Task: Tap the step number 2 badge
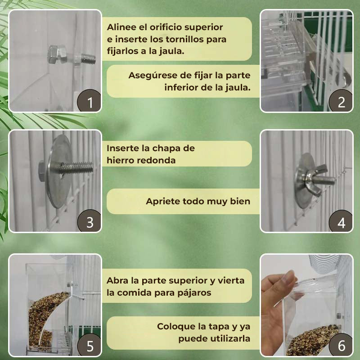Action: (x=341, y=102)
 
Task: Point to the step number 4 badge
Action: (x=341, y=222)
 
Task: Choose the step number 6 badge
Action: (x=341, y=346)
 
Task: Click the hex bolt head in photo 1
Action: (x=55, y=55)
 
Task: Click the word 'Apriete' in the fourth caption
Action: (x=162, y=201)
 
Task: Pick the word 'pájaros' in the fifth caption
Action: (x=195, y=292)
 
